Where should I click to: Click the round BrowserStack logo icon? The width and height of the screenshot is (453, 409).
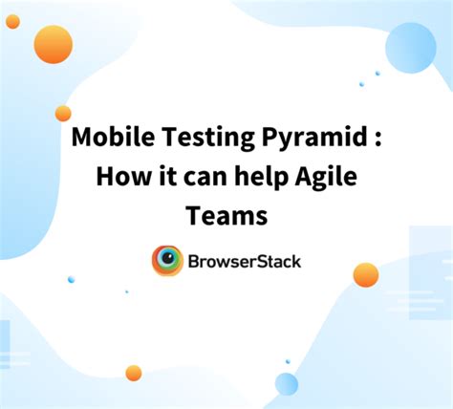point(168,261)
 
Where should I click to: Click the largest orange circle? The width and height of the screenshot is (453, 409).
point(53,44)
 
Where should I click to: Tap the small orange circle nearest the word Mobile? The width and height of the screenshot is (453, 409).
point(63,113)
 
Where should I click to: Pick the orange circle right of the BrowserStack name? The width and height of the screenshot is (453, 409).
point(365,274)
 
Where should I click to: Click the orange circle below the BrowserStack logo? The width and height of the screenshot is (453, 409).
point(134,373)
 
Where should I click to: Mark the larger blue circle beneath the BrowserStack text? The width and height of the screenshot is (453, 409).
point(287,384)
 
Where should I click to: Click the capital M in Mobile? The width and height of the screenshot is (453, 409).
point(83,140)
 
